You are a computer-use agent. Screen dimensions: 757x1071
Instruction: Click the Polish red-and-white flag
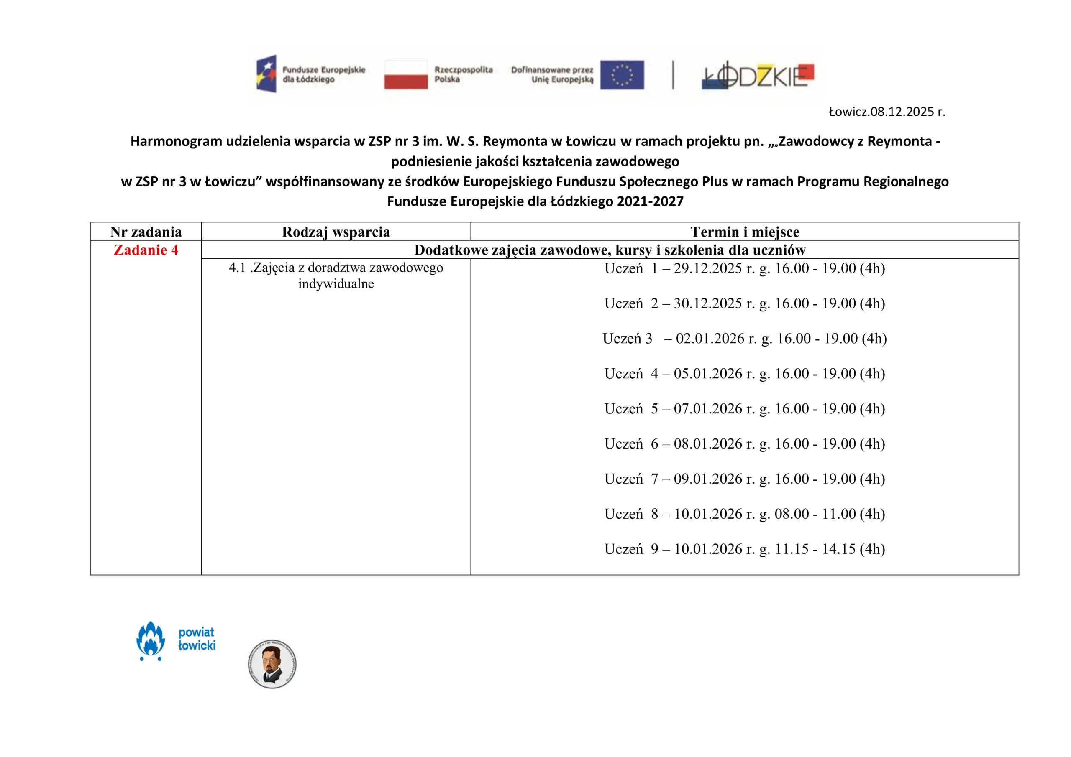coord(405,74)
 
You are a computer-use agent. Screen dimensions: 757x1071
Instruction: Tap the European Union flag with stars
coord(622,74)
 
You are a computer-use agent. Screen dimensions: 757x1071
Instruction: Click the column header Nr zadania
coord(146,232)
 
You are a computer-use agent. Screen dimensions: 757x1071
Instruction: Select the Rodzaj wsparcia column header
coord(336,232)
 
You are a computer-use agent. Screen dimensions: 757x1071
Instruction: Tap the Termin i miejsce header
coord(745,232)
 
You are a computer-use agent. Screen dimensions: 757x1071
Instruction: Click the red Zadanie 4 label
coord(146,250)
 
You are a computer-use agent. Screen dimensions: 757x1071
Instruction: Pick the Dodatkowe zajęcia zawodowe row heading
coord(610,250)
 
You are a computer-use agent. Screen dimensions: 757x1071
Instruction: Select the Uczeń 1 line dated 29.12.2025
coord(745,268)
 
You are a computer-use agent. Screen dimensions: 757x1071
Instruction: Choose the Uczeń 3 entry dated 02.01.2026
coord(745,339)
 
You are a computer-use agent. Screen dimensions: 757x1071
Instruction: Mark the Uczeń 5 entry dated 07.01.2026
coord(745,408)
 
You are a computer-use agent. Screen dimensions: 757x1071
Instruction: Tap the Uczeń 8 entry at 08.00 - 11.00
coord(745,514)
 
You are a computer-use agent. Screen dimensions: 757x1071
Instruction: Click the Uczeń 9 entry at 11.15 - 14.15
coord(745,549)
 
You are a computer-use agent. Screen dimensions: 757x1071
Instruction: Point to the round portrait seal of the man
coord(272,664)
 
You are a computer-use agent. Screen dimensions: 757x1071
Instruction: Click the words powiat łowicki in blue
coord(196,639)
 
